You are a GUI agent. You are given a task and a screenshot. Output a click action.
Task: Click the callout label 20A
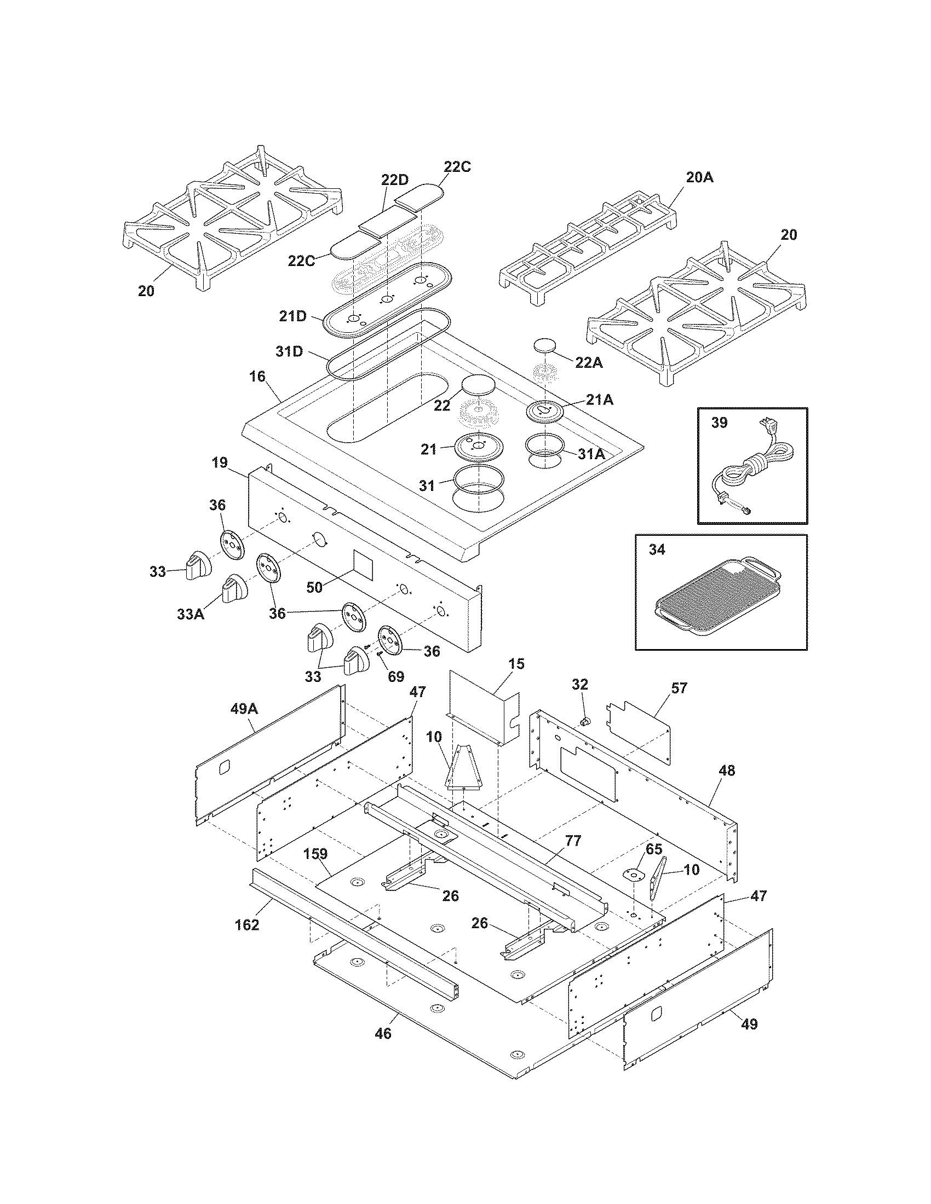pyautogui.click(x=700, y=177)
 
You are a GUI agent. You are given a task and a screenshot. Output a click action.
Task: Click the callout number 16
pyautogui.click(x=257, y=377)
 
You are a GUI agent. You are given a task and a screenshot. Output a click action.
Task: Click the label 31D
pyautogui.click(x=290, y=351)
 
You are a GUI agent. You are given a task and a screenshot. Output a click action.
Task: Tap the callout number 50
pyautogui.click(x=314, y=588)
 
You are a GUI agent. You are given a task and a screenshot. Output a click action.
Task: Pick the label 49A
pyautogui.click(x=244, y=709)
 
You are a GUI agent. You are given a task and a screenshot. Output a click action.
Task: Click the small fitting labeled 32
pyautogui.click(x=587, y=721)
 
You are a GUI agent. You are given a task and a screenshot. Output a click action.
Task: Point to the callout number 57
pyautogui.click(x=680, y=688)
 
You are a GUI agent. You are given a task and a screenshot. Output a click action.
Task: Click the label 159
pyautogui.click(x=315, y=854)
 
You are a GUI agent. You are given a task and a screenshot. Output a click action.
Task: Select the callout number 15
pyautogui.click(x=516, y=664)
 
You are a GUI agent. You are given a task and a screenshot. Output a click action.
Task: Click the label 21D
pyautogui.click(x=293, y=316)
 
